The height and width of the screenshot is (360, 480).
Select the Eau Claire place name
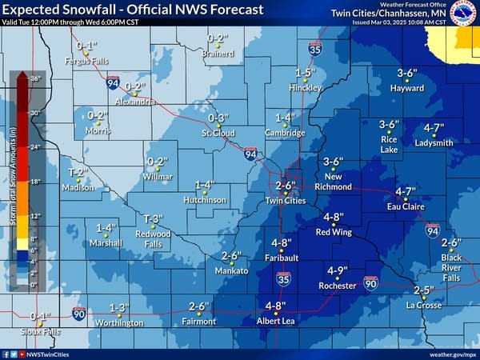click(x=404, y=206)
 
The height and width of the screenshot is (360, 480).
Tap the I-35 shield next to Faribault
click(x=284, y=278)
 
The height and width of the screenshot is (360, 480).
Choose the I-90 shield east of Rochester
click(x=370, y=282)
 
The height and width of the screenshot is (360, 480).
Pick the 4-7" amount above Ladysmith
click(x=434, y=128)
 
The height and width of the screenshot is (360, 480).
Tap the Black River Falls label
click(x=451, y=267)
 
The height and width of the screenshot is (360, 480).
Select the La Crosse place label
click(x=423, y=305)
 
